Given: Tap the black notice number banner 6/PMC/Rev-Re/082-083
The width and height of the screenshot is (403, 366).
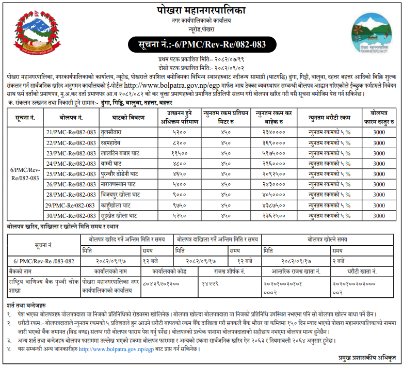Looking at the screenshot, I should coord(201,44).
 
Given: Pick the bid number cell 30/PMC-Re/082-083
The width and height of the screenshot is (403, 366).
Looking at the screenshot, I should coord(71,215).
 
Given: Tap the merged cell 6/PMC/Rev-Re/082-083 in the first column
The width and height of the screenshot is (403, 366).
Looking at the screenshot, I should coord(25,173).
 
